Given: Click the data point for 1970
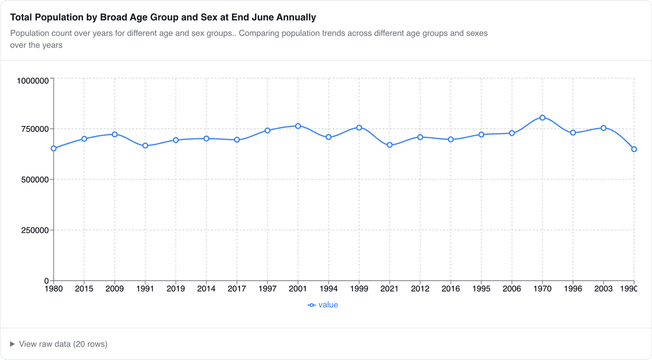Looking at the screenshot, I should point(542,118).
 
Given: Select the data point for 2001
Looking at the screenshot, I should point(298,126).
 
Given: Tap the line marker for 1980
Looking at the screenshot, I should point(53,148).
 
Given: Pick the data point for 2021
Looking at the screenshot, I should point(390,145).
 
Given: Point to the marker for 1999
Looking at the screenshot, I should point(359,128).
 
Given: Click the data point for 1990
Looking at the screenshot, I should point(634,149).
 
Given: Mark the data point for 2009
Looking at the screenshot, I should point(115,134).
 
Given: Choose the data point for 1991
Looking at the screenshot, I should point(145,146).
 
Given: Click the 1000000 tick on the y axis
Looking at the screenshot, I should point(33,81).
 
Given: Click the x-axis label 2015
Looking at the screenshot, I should point(84,289).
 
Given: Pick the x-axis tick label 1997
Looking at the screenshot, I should point(267,289).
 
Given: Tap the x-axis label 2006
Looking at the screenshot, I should point(512,289).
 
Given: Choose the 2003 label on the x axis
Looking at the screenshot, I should point(603,289).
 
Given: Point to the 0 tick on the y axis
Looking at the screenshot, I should point(47,281).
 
